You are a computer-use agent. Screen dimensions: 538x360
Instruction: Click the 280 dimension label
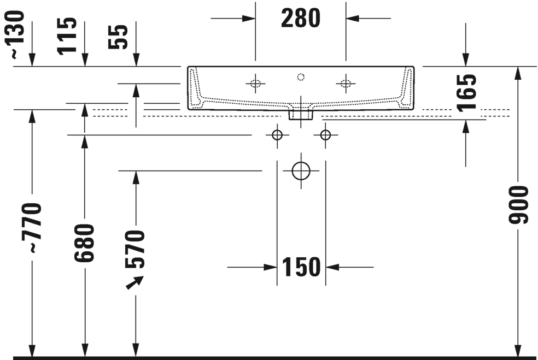point(301,18)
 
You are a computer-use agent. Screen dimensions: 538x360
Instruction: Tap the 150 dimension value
point(301,267)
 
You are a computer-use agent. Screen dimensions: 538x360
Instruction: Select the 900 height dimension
point(518,205)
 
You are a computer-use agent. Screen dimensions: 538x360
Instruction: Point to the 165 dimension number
point(467,92)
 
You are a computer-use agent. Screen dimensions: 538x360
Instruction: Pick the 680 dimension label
point(84,243)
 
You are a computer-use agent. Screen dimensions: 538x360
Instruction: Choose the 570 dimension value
point(135,249)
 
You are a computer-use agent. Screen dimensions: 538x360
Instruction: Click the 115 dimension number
point(67,36)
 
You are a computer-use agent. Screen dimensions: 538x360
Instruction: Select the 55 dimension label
point(118,37)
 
